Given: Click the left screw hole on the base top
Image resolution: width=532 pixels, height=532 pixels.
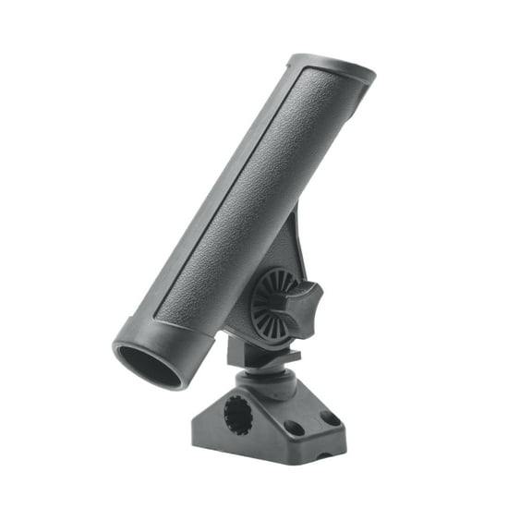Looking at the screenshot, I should [x=293, y=429].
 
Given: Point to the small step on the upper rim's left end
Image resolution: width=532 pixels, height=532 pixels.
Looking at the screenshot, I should [x=292, y=62].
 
